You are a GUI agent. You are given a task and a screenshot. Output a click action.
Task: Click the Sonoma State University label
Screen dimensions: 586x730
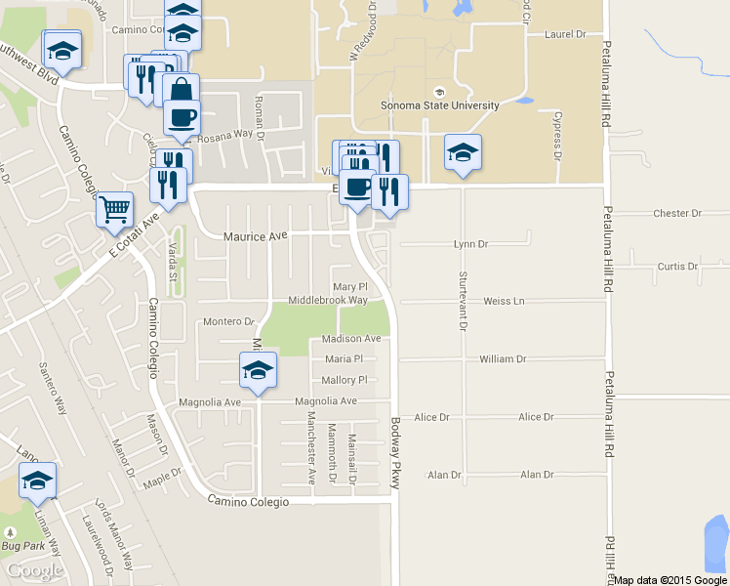(x=439, y=105)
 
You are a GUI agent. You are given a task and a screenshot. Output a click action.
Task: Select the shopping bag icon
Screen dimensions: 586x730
(x=181, y=91)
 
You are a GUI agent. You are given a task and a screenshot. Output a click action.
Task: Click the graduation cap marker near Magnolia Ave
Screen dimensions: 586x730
(x=258, y=370)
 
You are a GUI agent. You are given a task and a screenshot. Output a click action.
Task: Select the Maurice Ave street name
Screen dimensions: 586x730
(x=256, y=236)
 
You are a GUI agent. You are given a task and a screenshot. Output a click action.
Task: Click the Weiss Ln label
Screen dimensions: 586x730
(x=504, y=301)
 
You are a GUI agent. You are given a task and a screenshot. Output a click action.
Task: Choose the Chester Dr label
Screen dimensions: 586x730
(x=677, y=213)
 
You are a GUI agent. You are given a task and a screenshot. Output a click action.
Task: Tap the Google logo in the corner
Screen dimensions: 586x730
(x=33, y=570)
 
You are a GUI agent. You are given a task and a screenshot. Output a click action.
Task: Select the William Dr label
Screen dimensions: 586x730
(x=503, y=359)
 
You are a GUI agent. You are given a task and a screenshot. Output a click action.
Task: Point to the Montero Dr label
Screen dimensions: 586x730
(x=227, y=321)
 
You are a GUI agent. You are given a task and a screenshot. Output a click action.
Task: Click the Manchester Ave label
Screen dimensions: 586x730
(x=311, y=448)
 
